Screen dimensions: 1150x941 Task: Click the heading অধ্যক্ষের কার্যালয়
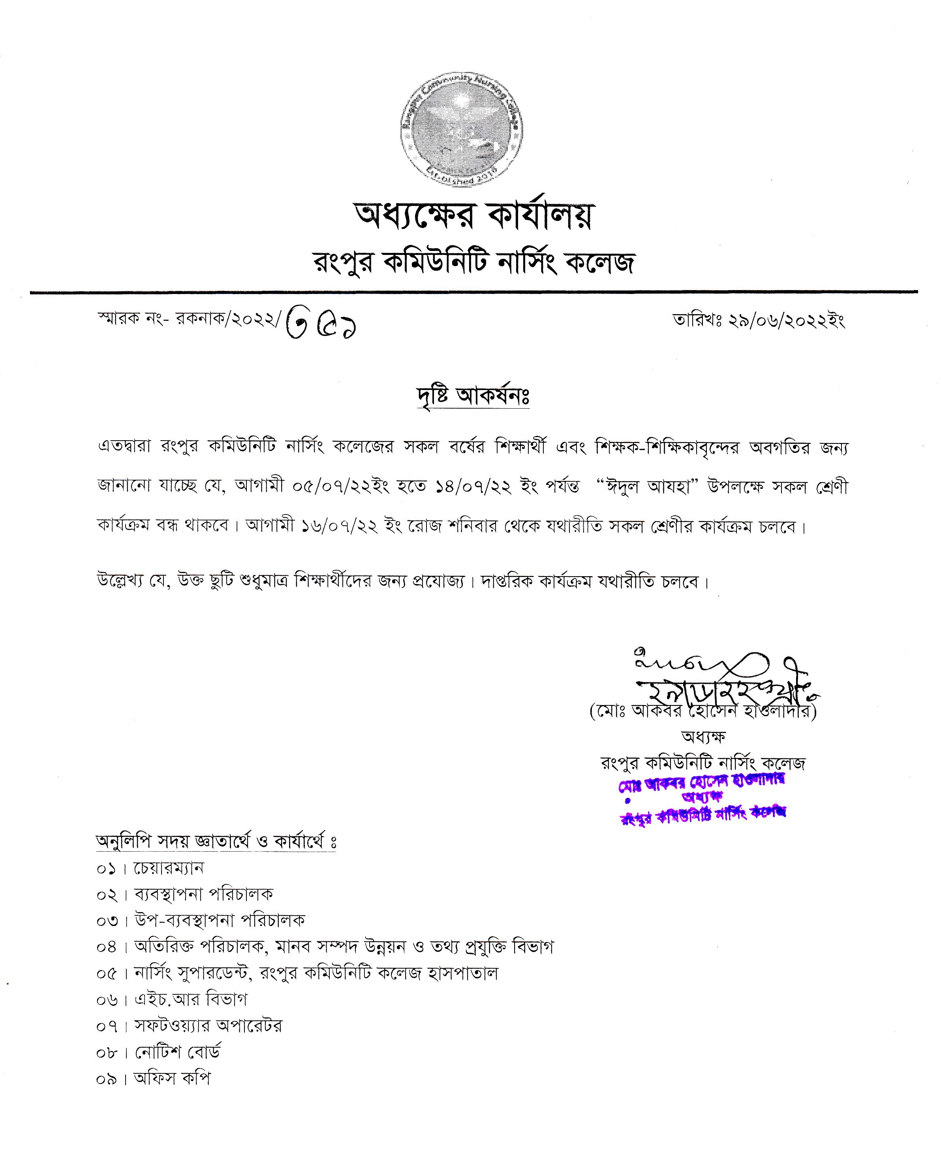474,215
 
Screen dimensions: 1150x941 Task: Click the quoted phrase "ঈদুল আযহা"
645,486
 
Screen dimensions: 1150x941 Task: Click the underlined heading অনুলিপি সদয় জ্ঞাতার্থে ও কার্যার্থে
216,841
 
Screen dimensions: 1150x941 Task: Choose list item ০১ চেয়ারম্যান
150,869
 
